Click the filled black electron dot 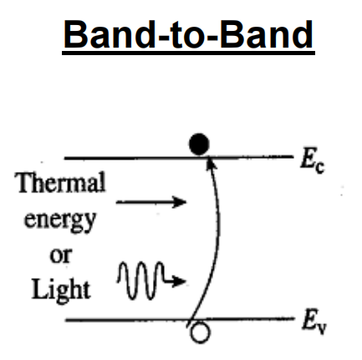click(199, 144)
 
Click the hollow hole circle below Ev click(200, 332)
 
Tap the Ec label click(312, 161)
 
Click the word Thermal click(61, 182)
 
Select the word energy click(60, 221)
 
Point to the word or click(60, 256)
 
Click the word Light click(61, 290)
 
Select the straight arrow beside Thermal click(151, 202)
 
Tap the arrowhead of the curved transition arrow click(211, 163)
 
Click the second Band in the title click(267, 35)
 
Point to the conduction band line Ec click(179, 158)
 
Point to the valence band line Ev click(180, 319)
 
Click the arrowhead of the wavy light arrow click(179, 281)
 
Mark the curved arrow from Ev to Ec click(219, 236)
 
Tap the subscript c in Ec click(320, 168)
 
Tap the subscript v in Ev click(322, 328)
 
